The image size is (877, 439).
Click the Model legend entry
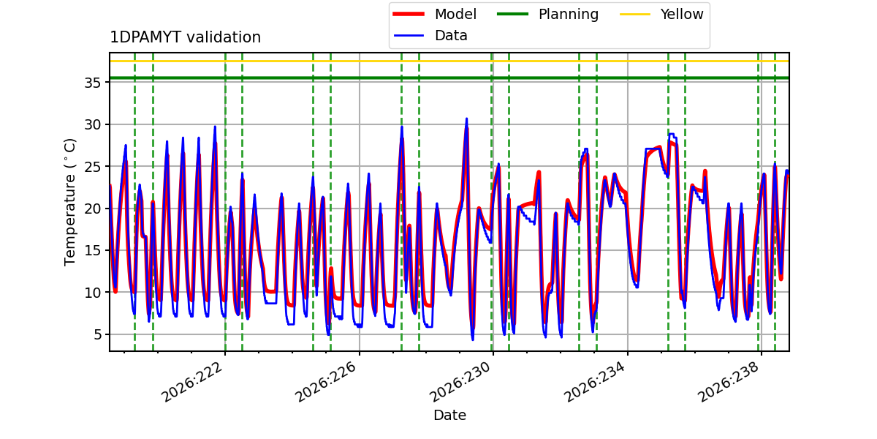tap(435, 14)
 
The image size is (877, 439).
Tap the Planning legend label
tap(569, 14)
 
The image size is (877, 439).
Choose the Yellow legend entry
tap(661, 14)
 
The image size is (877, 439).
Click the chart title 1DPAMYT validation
tap(185, 37)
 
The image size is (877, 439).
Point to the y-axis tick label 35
tap(92, 83)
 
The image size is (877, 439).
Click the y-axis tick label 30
tap(92, 124)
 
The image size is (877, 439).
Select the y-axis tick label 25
tap(92, 167)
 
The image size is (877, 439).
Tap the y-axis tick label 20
tap(92, 209)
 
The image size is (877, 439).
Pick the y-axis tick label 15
tap(92, 250)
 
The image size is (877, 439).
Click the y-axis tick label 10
tap(92, 293)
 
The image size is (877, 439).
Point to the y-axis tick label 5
tap(96, 334)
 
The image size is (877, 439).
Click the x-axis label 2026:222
tap(192, 382)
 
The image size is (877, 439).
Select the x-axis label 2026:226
tap(327, 382)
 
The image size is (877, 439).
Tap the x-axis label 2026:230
tap(460, 382)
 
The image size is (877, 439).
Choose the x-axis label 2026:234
tap(595, 382)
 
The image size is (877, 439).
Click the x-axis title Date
tap(449, 415)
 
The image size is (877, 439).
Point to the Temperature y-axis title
tap(69, 202)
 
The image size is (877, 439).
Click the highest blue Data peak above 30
tap(466, 119)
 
